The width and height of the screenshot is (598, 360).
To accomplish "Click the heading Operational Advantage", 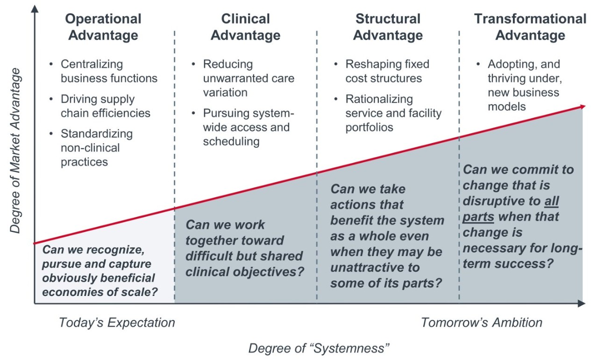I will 103,27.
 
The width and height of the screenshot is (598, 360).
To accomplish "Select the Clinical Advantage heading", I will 245,27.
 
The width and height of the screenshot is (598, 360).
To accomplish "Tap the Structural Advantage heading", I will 388,27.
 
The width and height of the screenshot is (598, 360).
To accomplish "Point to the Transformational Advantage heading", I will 530,27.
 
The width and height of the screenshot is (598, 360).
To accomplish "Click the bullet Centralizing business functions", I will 109,71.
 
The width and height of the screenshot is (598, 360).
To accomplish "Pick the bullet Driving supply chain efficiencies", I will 106,106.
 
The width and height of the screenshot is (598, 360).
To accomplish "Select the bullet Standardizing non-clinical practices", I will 97,148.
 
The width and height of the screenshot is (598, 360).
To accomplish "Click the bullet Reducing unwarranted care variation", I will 249,78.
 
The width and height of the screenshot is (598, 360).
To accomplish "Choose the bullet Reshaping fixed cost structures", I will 387,71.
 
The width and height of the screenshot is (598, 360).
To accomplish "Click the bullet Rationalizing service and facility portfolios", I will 393,113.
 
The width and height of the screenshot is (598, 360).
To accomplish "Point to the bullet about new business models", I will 523,85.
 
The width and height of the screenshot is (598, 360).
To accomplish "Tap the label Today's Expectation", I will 117,323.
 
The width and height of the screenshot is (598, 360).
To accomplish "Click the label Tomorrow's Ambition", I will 482,323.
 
